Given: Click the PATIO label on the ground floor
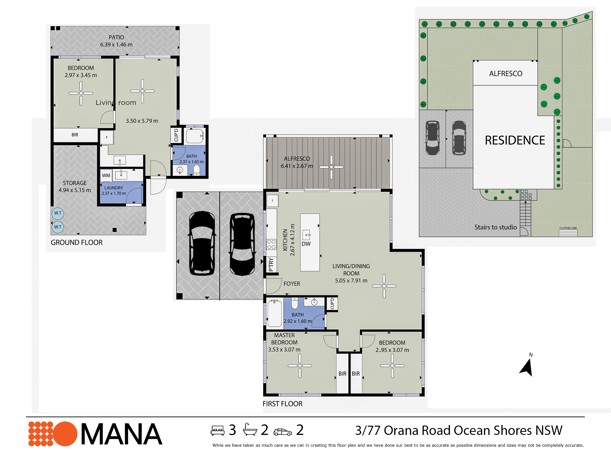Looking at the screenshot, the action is [116, 37].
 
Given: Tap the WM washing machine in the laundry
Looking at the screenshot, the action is [106, 175].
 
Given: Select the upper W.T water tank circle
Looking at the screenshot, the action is [58, 213].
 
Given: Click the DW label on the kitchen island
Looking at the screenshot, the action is [306, 244].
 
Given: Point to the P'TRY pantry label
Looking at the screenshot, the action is [271, 265].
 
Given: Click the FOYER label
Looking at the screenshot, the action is [292, 284].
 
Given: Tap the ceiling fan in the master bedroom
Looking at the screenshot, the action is [300, 366].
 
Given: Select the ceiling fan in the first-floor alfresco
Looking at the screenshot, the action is [331, 167].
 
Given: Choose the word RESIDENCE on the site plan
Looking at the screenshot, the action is [515, 140].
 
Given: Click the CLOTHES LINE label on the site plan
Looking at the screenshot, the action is [568, 228].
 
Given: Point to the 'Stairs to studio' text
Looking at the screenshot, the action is [495, 227].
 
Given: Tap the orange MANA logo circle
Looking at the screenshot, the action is [65, 434].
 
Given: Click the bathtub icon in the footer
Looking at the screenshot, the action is [250, 429].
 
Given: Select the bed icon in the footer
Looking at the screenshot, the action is [217, 431].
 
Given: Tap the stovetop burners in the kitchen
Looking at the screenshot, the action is [271, 244].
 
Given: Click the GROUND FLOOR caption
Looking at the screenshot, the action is [77, 242].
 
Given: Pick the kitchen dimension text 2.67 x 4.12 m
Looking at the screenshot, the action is [292, 240].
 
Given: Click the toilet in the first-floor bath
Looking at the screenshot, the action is [294, 303].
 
